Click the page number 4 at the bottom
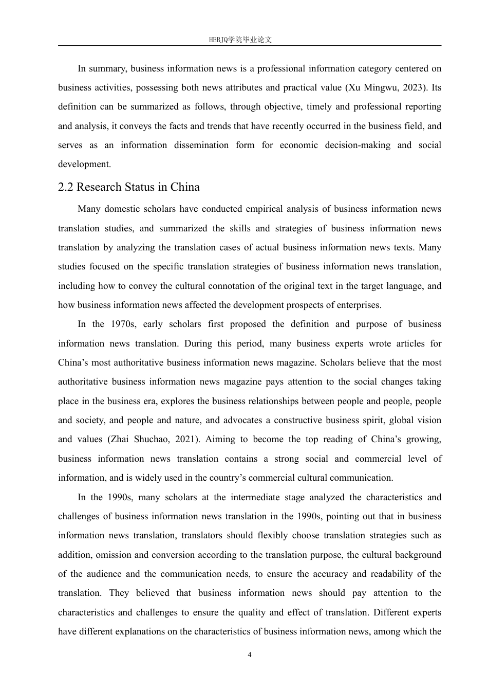coord(250,654)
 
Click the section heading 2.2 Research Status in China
coord(129,187)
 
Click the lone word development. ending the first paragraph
coord(84,165)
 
